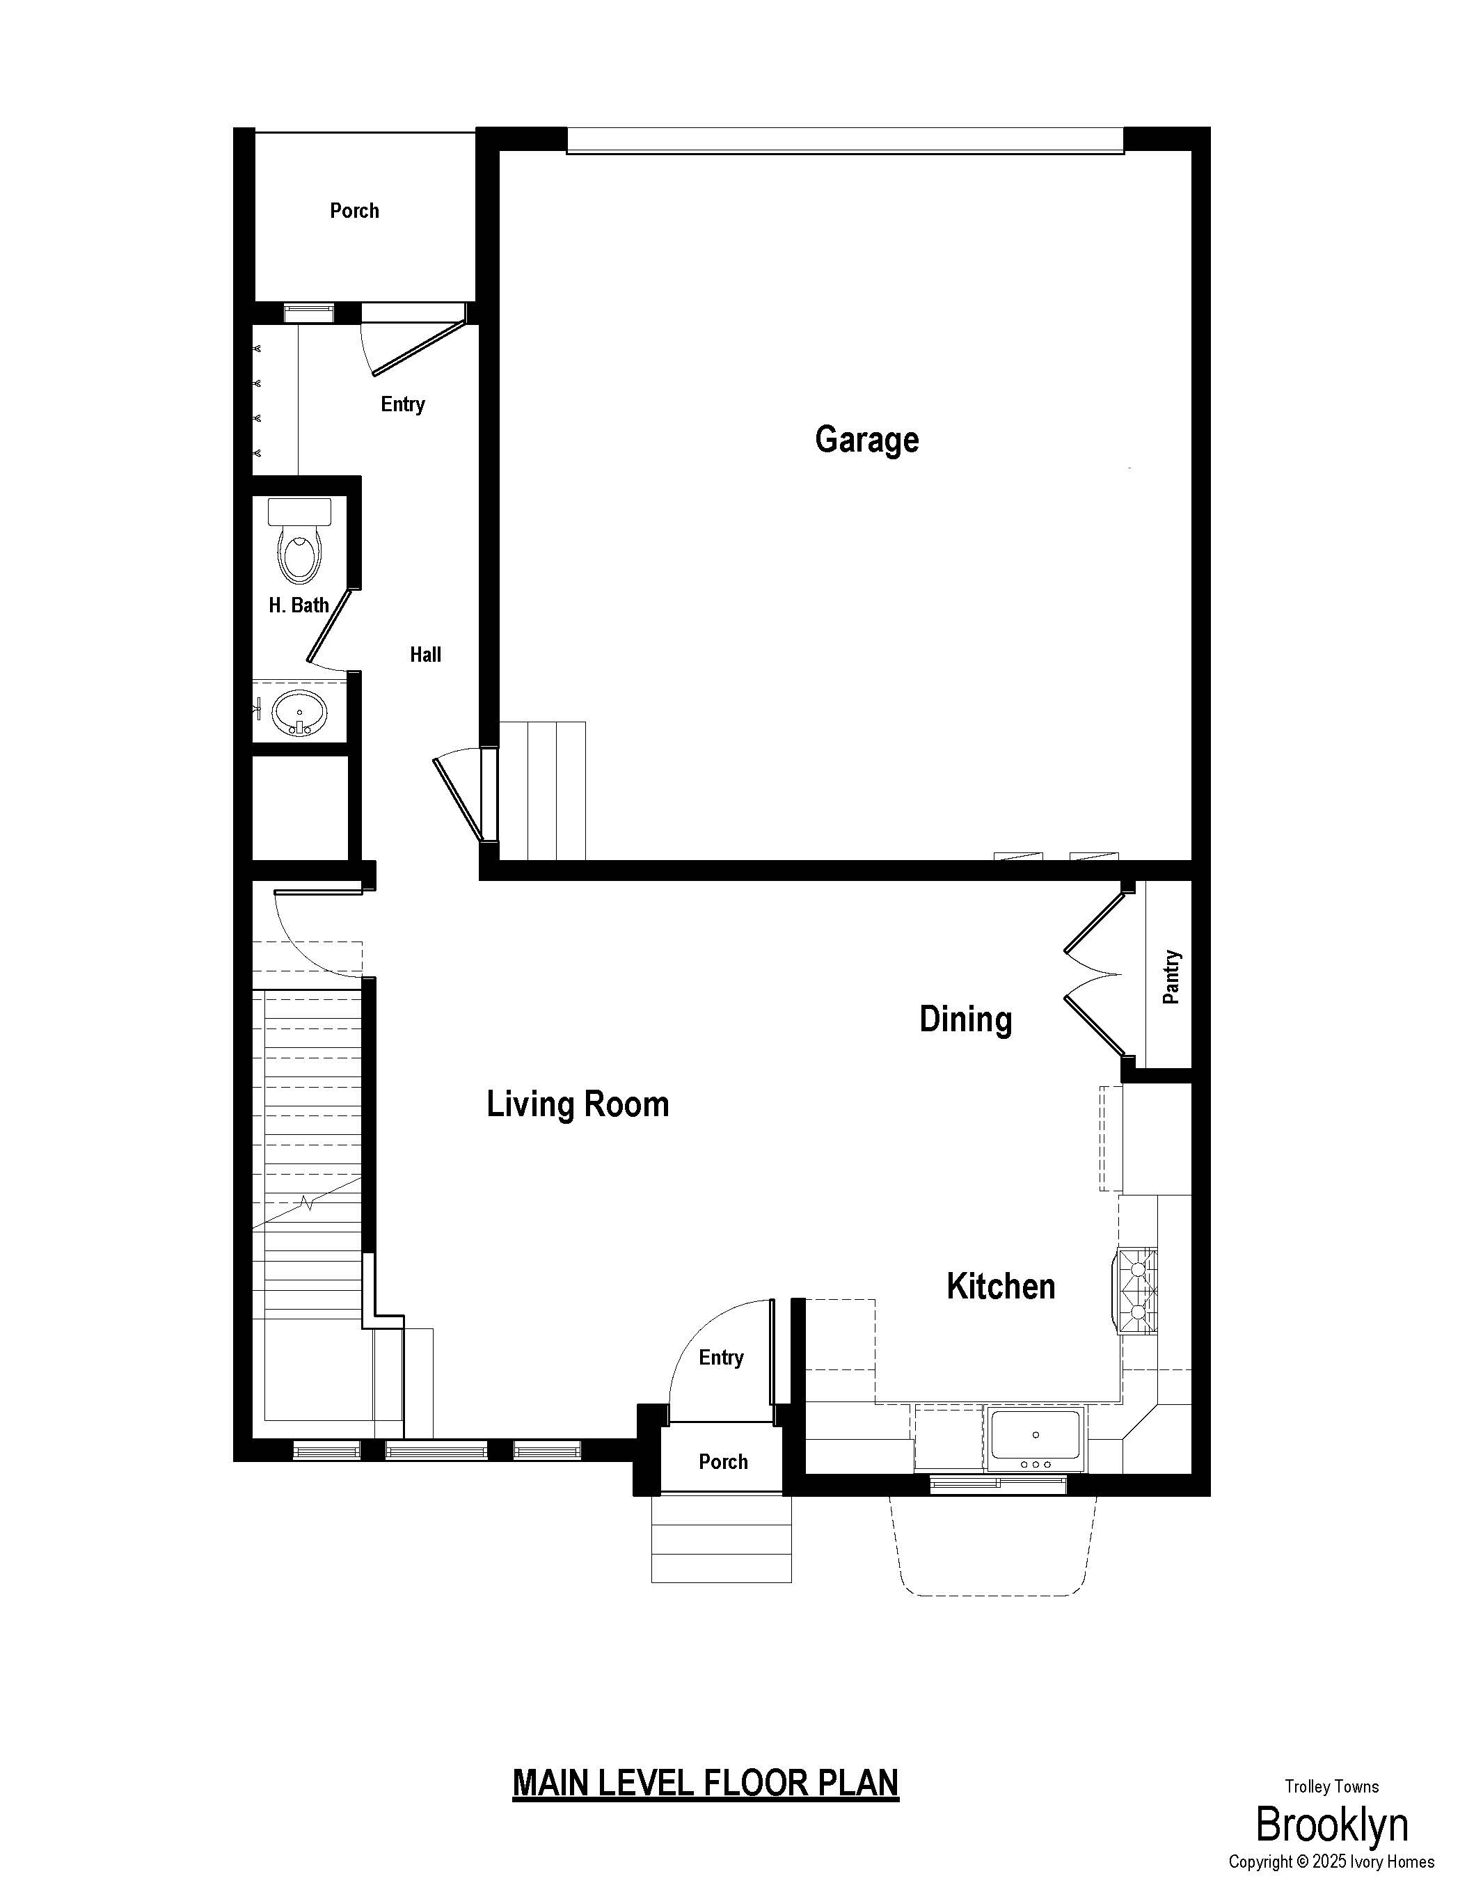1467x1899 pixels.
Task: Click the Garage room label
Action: pos(866,439)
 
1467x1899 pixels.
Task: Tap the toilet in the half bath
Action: pos(299,540)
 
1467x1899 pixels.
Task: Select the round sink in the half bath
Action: pos(299,713)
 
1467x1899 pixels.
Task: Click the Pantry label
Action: pos(1171,976)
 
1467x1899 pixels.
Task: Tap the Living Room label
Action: pos(578,1104)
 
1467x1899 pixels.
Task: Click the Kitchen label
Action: pos(1001,1286)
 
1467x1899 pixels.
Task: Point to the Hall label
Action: pos(425,654)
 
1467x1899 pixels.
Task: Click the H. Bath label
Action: pos(299,605)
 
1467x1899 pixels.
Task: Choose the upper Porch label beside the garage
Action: pos(354,210)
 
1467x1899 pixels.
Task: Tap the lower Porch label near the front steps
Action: pos(722,1461)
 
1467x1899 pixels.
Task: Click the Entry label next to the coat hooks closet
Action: pos(403,404)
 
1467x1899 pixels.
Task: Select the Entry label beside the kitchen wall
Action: pos(721,1358)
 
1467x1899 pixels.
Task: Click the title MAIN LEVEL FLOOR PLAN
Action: pos(705,1783)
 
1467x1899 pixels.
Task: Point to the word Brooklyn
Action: pos(1331,1825)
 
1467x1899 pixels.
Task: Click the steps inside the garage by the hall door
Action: pos(543,790)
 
